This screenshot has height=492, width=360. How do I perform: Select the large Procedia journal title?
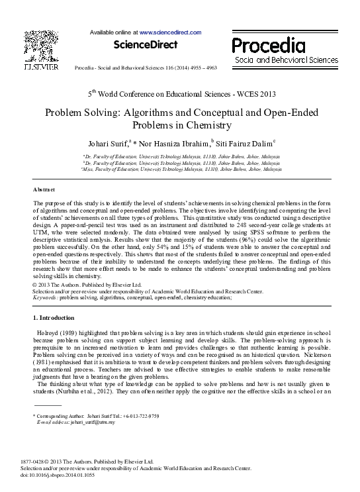tap(268, 45)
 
